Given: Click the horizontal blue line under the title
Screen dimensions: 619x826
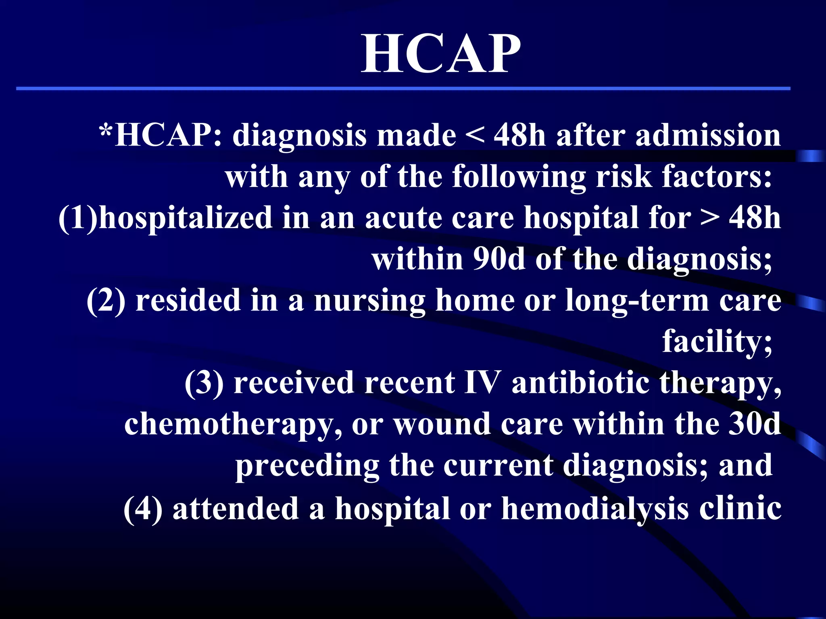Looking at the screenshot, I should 403,88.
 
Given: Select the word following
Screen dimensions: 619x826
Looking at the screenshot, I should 518,177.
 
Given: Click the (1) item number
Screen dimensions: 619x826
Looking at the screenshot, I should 78,218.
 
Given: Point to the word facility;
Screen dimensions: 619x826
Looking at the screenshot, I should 717,342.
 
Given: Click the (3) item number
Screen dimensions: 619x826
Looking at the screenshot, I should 204,382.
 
